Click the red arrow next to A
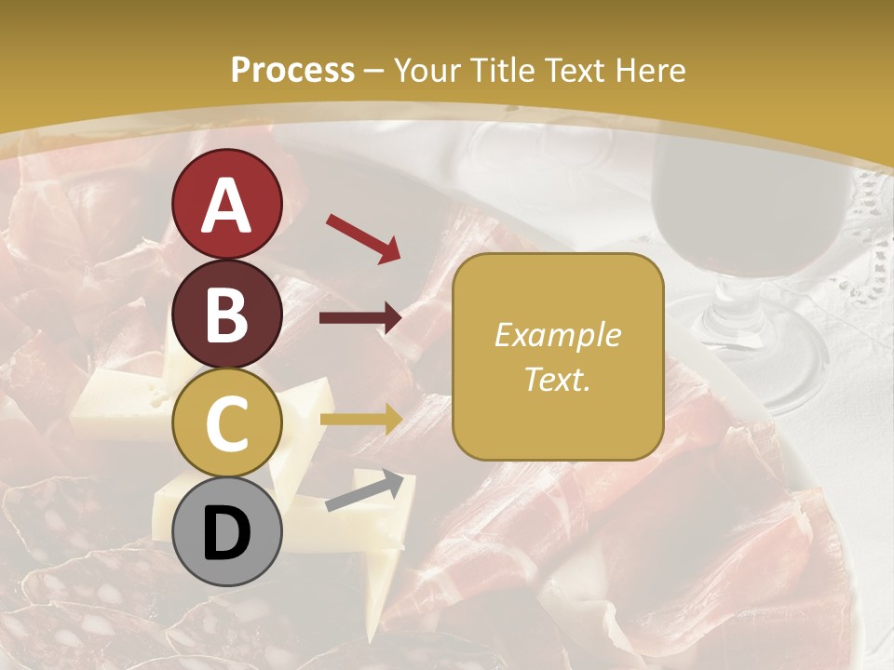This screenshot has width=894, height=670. tap(363, 236)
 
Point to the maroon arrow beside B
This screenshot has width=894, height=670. tap(360, 318)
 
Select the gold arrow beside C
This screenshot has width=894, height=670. tap(360, 419)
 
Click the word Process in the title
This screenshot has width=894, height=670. tap(292, 70)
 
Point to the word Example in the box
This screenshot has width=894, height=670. tap(557, 335)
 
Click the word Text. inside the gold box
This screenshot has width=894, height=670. tap(557, 380)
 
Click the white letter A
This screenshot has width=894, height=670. tap(226, 205)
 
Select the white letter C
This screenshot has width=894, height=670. tap(226, 423)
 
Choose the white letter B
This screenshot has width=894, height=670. tap(226, 315)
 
